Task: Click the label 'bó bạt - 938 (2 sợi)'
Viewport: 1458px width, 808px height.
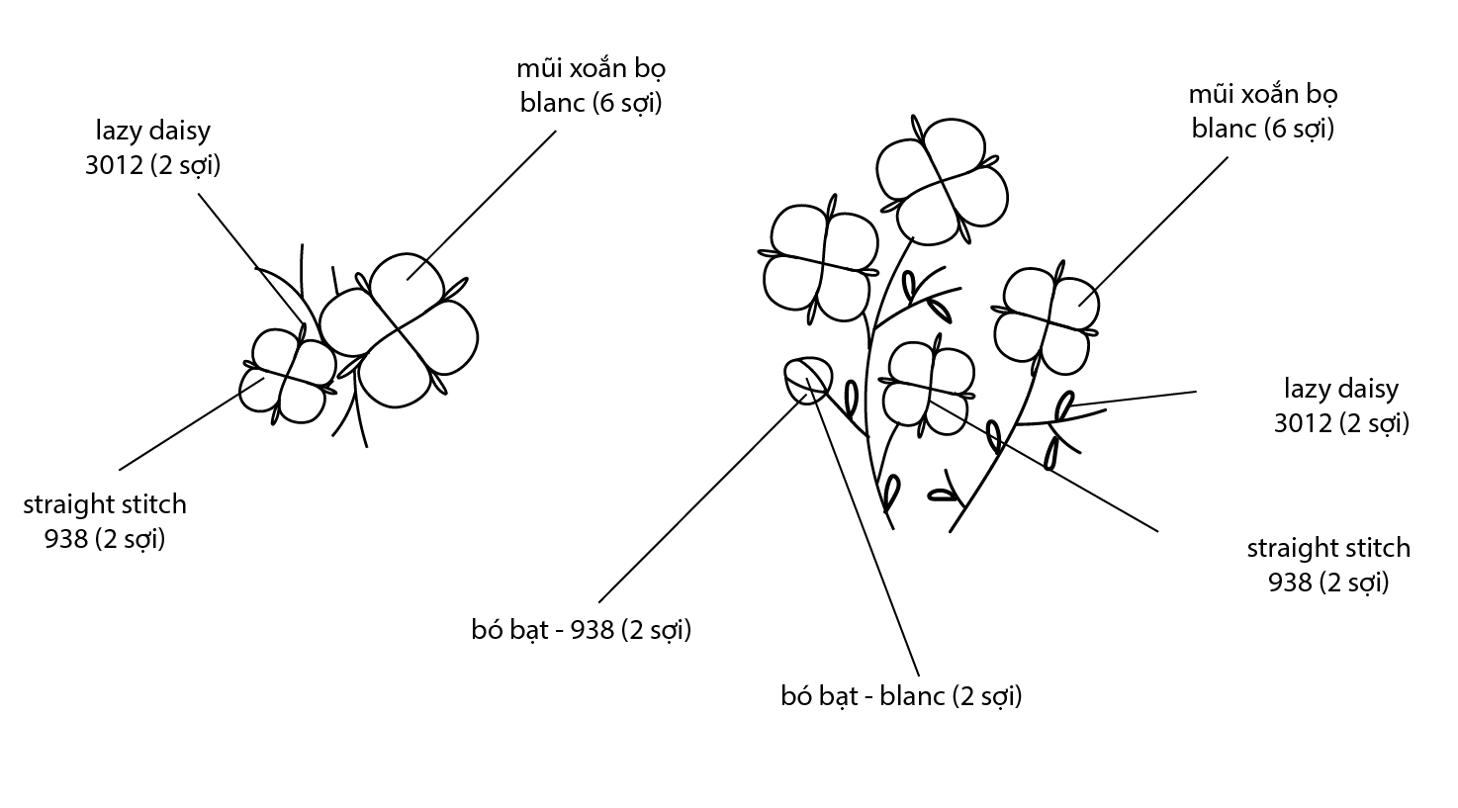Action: click(581, 629)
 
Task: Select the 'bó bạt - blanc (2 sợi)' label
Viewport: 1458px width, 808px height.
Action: click(900, 695)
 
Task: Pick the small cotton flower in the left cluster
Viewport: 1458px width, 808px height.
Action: click(288, 376)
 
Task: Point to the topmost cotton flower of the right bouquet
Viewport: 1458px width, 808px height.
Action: click(943, 179)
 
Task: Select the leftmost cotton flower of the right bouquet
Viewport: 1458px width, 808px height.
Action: click(820, 263)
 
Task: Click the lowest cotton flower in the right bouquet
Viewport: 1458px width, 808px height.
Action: click(928, 385)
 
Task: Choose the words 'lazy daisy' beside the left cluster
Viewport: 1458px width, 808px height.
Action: click(153, 130)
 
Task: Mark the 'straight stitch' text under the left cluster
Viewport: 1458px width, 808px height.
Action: click(105, 503)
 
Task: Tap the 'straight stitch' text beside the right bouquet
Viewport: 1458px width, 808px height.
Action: click(1327, 547)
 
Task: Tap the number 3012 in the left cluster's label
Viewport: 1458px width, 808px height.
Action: click(114, 164)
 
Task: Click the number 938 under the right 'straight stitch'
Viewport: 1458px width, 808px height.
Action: click(1290, 582)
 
